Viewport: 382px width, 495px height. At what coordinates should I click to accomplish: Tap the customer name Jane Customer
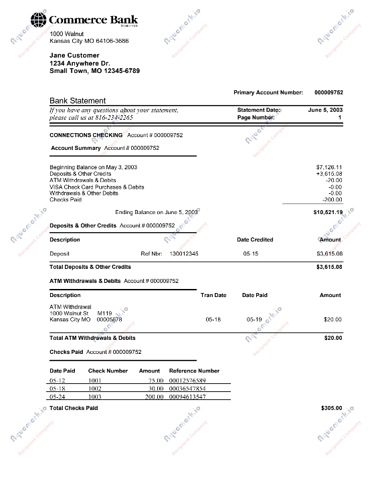coord(74,56)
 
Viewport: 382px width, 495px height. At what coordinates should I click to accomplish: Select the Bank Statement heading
coord(78,100)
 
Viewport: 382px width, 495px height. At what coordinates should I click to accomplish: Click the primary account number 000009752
coord(328,92)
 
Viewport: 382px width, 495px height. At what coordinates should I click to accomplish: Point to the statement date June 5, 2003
coord(325,109)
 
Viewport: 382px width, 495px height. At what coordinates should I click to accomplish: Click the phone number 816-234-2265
coord(114,117)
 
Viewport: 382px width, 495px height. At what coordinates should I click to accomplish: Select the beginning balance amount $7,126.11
coord(328,167)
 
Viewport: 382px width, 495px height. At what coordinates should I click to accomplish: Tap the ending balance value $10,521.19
coord(327,212)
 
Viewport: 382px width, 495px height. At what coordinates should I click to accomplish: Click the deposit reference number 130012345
coord(184,254)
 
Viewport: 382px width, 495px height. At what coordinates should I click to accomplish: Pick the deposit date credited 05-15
coord(251,254)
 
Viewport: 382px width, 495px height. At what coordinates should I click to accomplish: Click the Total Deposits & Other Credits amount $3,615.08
coord(328,267)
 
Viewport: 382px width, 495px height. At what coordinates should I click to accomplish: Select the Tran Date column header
coord(213,295)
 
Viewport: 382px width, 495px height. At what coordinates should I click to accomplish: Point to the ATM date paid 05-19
coord(254,320)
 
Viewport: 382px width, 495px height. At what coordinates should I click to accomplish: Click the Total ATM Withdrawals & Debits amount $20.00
coord(332,338)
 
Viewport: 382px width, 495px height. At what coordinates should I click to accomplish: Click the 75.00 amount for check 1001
coord(156,380)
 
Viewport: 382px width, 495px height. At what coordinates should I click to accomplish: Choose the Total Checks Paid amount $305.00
coord(330,407)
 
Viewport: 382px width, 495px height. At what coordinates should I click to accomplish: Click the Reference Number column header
coord(194,371)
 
